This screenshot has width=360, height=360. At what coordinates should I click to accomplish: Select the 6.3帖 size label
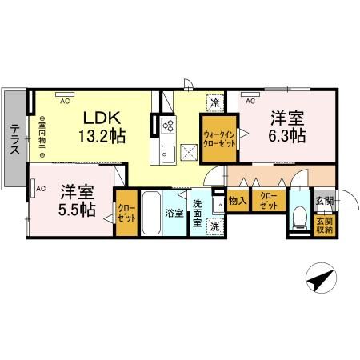coord(286,135)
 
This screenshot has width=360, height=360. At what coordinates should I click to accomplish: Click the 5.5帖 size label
coord(77,209)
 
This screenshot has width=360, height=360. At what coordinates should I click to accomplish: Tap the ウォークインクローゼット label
coord(218,141)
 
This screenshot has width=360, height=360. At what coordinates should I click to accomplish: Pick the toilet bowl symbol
coord(301,216)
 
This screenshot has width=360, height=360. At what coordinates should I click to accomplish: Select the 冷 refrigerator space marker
coord(215,103)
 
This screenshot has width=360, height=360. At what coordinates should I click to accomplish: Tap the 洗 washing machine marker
coord(215,226)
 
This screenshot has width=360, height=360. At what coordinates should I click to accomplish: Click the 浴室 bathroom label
coord(174,214)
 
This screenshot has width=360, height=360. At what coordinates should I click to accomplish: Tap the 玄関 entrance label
coord(323,199)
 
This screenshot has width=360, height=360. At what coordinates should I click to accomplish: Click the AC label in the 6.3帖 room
coord(250,102)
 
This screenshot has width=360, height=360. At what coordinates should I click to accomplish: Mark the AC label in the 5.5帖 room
coord(39,189)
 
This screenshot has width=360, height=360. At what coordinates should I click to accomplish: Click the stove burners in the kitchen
coord(169,125)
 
